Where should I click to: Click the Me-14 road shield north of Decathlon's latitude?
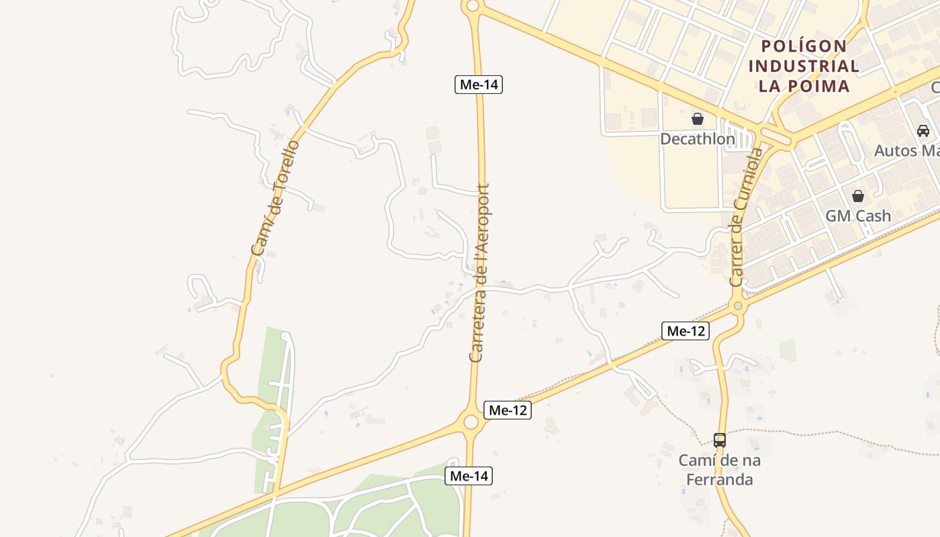tap(479, 85)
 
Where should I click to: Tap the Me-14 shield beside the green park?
tap(469, 476)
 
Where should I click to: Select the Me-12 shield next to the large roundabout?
tap(508, 410)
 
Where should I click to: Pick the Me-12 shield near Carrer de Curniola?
tap(686, 330)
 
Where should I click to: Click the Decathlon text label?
tap(698, 139)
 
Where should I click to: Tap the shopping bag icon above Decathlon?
tap(698, 119)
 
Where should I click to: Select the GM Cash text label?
tap(858, 215)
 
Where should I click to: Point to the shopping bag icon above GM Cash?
tap(858, 196)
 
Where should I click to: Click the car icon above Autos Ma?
tap(923, 131)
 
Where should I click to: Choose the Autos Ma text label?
tap(906, 150)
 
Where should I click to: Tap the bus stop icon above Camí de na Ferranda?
tap(720, 440)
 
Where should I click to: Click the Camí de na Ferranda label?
tap(720, 470)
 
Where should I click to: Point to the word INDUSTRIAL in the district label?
tap(804, 66)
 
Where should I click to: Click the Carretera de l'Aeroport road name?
tap(480, 273)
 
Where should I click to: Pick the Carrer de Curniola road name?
tap(746, 217)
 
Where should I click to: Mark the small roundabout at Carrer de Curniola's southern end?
tap(738, 306)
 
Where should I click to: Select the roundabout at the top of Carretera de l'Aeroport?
tap(472, 6)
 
